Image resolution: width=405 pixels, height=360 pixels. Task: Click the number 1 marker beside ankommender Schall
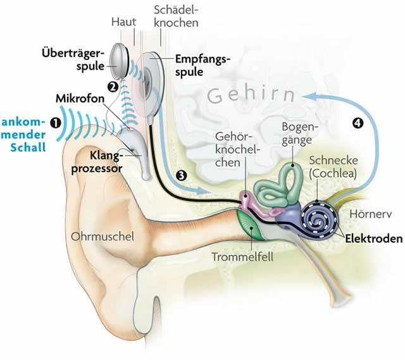56,123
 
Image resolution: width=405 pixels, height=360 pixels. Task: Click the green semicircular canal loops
292,180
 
